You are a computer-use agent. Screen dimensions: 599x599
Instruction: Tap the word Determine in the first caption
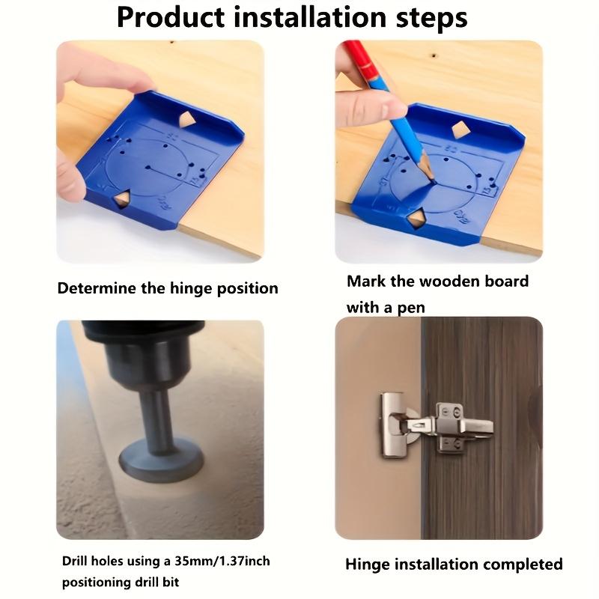(x=96, y=288)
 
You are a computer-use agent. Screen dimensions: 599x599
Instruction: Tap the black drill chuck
(x=146, y=352)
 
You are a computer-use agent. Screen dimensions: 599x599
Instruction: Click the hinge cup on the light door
(x=395, y=427)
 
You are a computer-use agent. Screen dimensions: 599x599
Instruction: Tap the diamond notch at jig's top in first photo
(x=186, y=118)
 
